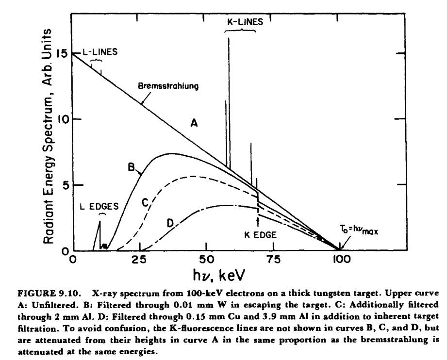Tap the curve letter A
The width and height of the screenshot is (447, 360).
[194, 124]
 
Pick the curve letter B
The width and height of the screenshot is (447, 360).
[131, 166]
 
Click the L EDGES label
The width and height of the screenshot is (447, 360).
[99, 206]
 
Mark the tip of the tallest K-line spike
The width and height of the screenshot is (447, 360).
[229, 37]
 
